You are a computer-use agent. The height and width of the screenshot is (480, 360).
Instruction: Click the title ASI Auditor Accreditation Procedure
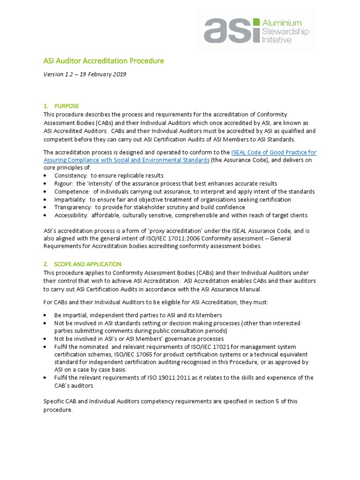(x=104, y=61)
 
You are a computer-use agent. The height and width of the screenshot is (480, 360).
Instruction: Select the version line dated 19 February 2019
(x=85, y=74)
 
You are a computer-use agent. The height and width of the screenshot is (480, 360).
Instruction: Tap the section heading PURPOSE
(x=67, y=106)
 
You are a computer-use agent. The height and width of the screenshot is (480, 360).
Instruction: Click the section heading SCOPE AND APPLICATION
(x=88, y=264)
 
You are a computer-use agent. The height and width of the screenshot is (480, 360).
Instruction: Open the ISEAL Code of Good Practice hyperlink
(x=274, y=152)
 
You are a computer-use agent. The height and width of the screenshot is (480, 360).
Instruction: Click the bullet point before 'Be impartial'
(x=45, y=315)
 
